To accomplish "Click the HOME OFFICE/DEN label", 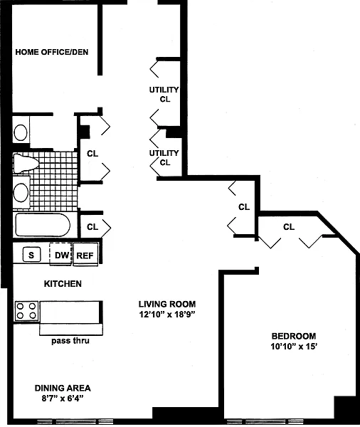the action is [52, 52].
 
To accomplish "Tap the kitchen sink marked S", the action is [31, 255].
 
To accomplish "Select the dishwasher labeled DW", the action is [60, 254].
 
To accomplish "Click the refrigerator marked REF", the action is [85, 254].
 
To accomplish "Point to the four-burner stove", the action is [26, 311].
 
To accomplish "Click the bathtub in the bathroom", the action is [42, 225].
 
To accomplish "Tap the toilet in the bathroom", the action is [26, 164].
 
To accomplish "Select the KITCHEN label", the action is [63, 284].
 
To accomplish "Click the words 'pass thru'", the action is [70, 341].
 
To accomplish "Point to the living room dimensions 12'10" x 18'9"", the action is [167, 315].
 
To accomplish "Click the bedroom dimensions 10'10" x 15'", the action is [294, 347].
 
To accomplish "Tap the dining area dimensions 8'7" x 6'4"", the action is [63, 399].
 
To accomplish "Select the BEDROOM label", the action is [294, 336].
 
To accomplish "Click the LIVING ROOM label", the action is [167, 304].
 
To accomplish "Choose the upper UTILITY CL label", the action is [164, 94].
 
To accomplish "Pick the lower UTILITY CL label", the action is [164, 158].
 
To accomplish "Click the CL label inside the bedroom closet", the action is [289, 226].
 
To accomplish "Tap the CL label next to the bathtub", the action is [92, 226].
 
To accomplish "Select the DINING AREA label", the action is [63, 388].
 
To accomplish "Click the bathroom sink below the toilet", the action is [21, 192].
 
